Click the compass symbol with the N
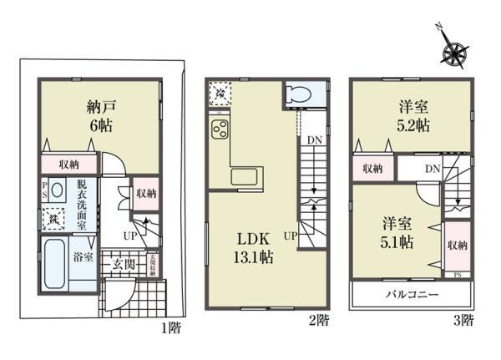tap(456, 53)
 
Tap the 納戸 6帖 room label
tap(99, 115)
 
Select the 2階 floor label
tap(320, 319)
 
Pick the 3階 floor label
tap(464, 319)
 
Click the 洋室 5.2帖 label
tap(412, 115)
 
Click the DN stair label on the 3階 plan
tap(432, 169)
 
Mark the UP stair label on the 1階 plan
tap(129, 236)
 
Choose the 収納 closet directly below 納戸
tap(69, 165)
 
